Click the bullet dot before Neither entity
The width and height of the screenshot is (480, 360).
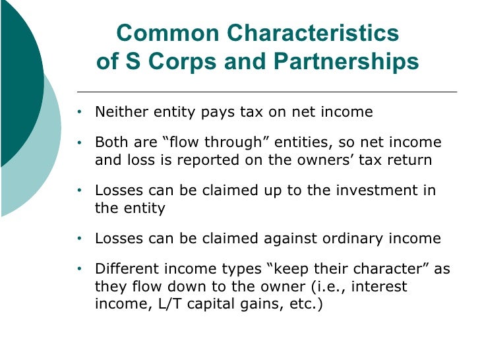coord(80,113)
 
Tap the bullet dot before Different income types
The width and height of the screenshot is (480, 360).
coord(80,269)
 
